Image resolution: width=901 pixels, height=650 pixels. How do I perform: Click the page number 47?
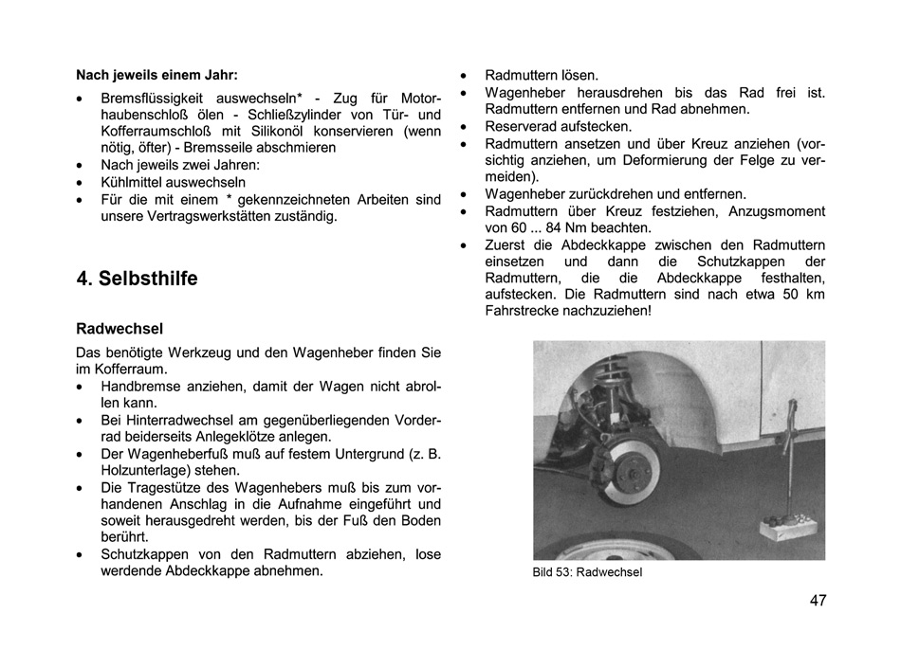pyautogui.click(x=818, y=601)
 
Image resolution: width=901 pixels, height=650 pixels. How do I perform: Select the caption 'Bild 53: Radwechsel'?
pyautogui.click(x=587, y=571)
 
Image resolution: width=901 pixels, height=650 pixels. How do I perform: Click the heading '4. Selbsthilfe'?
pyautogui.click(x=137, y=279)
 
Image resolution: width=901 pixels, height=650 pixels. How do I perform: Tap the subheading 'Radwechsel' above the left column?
pyautogui.click(x=120, y=329)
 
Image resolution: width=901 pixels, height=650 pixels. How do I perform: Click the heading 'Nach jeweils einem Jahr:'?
pyautogui.click(x=156, y=74)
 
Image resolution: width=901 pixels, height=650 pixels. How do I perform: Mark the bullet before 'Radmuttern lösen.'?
pyautogui.click(x=463, y=75)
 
